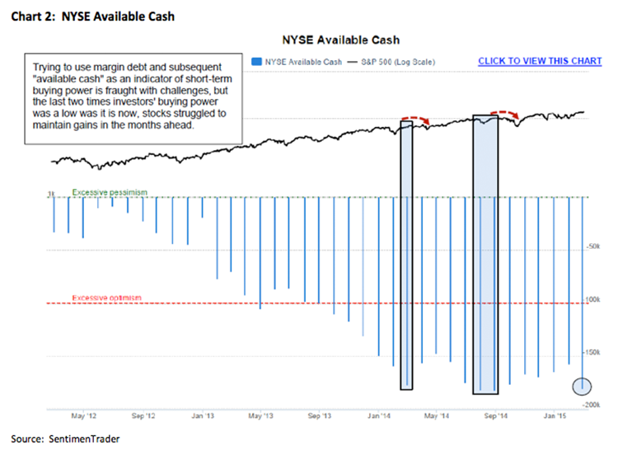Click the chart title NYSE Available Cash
340,40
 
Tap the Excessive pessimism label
110,192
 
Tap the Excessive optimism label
107,298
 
